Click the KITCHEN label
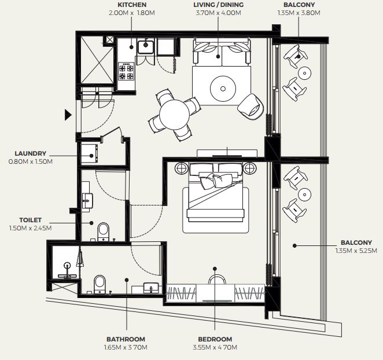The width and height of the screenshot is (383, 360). [x=132, y=5]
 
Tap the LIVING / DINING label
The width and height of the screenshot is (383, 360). [x=218, y=5]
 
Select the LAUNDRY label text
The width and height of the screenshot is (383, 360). [x=30, y=153]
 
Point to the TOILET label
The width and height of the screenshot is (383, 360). [x=30, y=220]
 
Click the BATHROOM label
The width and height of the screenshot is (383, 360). [x=126, y=339]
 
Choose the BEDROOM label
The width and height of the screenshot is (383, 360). [x=215, y=339]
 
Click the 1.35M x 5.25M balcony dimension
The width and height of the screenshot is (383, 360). [x=356, y=251]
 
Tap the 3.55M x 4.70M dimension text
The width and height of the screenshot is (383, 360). [x=215, y=347]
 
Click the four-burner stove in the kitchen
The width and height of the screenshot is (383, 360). [x=127, y=71]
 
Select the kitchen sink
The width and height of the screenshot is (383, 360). [x=146, y=47]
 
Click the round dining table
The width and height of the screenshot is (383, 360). [x=174, y=114]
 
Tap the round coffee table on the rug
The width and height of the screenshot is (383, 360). [x=223, y=89]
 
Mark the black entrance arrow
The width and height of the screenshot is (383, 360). [x=68, y=115]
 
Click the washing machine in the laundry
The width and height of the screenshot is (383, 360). [x=89, y=153]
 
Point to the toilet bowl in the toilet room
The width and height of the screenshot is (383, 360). [x=104, y=232]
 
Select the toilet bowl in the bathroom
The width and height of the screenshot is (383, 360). [x=100, y=284]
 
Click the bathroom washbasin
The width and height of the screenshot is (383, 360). [x=151, y=288]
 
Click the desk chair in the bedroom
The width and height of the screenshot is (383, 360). [x=217, y=279]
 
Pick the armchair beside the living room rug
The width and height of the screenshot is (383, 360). [x=251, y=106]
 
